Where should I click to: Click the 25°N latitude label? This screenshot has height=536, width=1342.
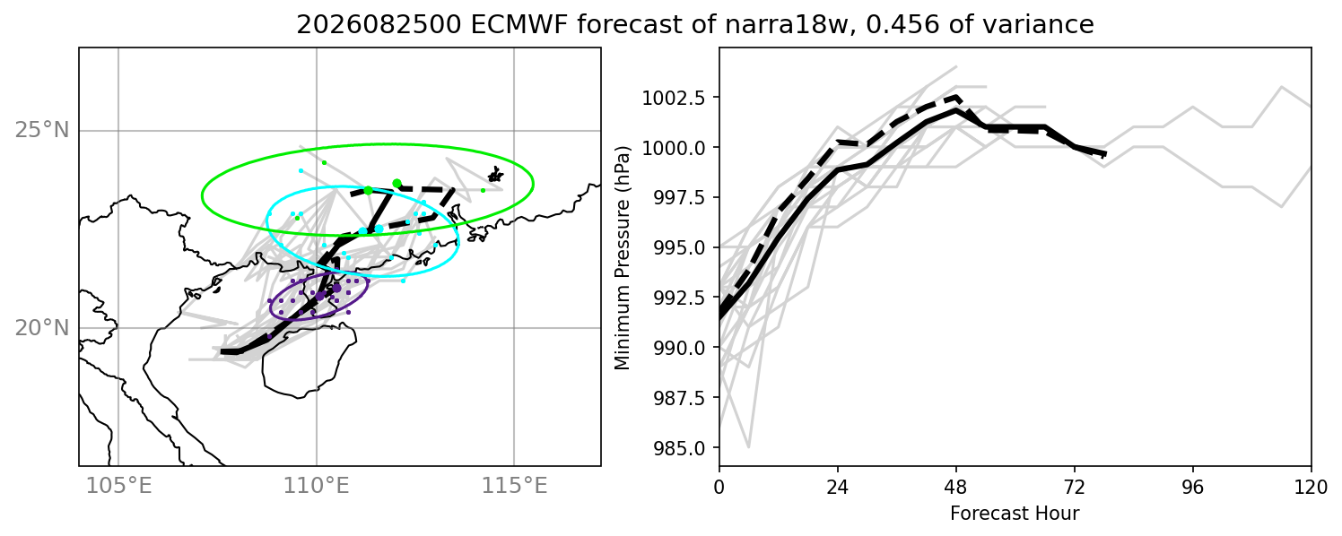click(42, 130)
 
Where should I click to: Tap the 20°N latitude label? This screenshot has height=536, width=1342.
click(42, 327)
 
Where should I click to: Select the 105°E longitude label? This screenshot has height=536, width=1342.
click(118, 486)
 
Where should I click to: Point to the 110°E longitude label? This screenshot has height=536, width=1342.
click(317, 486)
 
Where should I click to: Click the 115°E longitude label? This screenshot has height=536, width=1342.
click(515, 486)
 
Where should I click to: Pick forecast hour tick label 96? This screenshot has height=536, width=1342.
click(1193, 487)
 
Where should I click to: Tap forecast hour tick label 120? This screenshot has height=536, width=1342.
click(1311, 487)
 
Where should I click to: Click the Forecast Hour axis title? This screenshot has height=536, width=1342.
click(1015, 514)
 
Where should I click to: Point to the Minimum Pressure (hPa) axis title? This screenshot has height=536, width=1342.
click(623, 257)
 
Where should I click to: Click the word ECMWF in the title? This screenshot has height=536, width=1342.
click(517, 24)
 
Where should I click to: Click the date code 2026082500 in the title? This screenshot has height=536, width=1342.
click(379, 24)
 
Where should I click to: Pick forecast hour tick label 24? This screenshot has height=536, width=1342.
click(838, 487)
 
